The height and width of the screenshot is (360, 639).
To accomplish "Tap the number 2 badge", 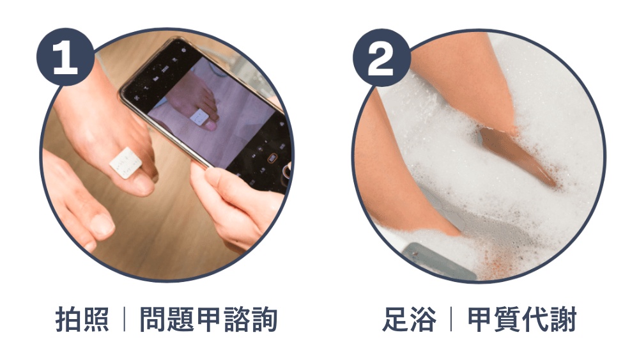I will pyautogui.click(x=381, y=59).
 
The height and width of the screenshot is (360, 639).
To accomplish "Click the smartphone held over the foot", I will pyautogui.click(x=204, y=102).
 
